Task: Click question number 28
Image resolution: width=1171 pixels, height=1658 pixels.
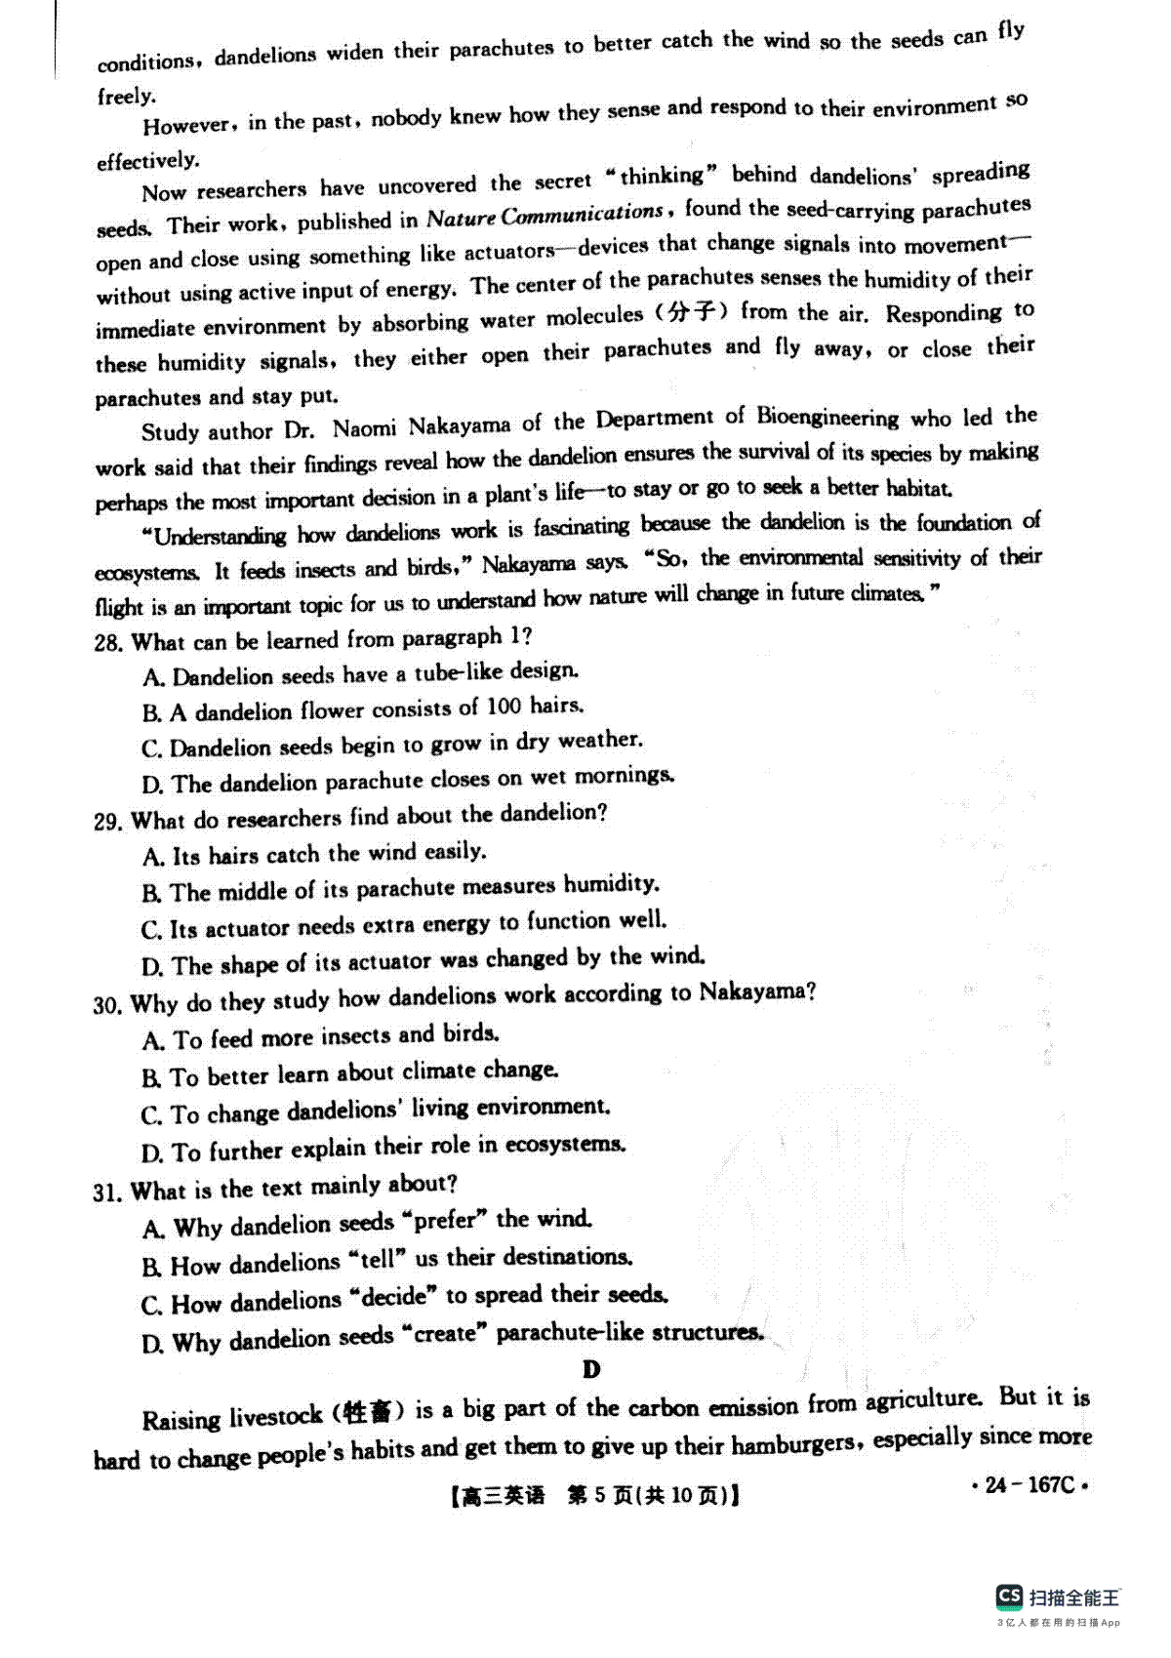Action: click(107, 644)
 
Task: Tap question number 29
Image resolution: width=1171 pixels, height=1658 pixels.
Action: click(107, 822)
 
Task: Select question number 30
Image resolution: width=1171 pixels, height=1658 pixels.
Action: click(107, 1005)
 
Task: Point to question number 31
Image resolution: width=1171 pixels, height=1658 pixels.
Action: click(107, 1193)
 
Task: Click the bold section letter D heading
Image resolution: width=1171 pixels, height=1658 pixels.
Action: click(591, 1370)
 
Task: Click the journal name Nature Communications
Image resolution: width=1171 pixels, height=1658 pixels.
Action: click(545, 215)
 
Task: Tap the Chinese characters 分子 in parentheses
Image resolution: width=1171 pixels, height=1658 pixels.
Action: click(692, 313)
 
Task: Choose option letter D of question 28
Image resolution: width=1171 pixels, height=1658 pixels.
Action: click(151, 786)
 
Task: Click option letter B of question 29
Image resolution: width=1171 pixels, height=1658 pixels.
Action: click(151, 893)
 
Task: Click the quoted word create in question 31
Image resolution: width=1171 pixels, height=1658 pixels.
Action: click(444, 1335)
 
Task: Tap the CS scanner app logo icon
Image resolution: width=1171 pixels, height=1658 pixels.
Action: click(1009, 1597)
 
